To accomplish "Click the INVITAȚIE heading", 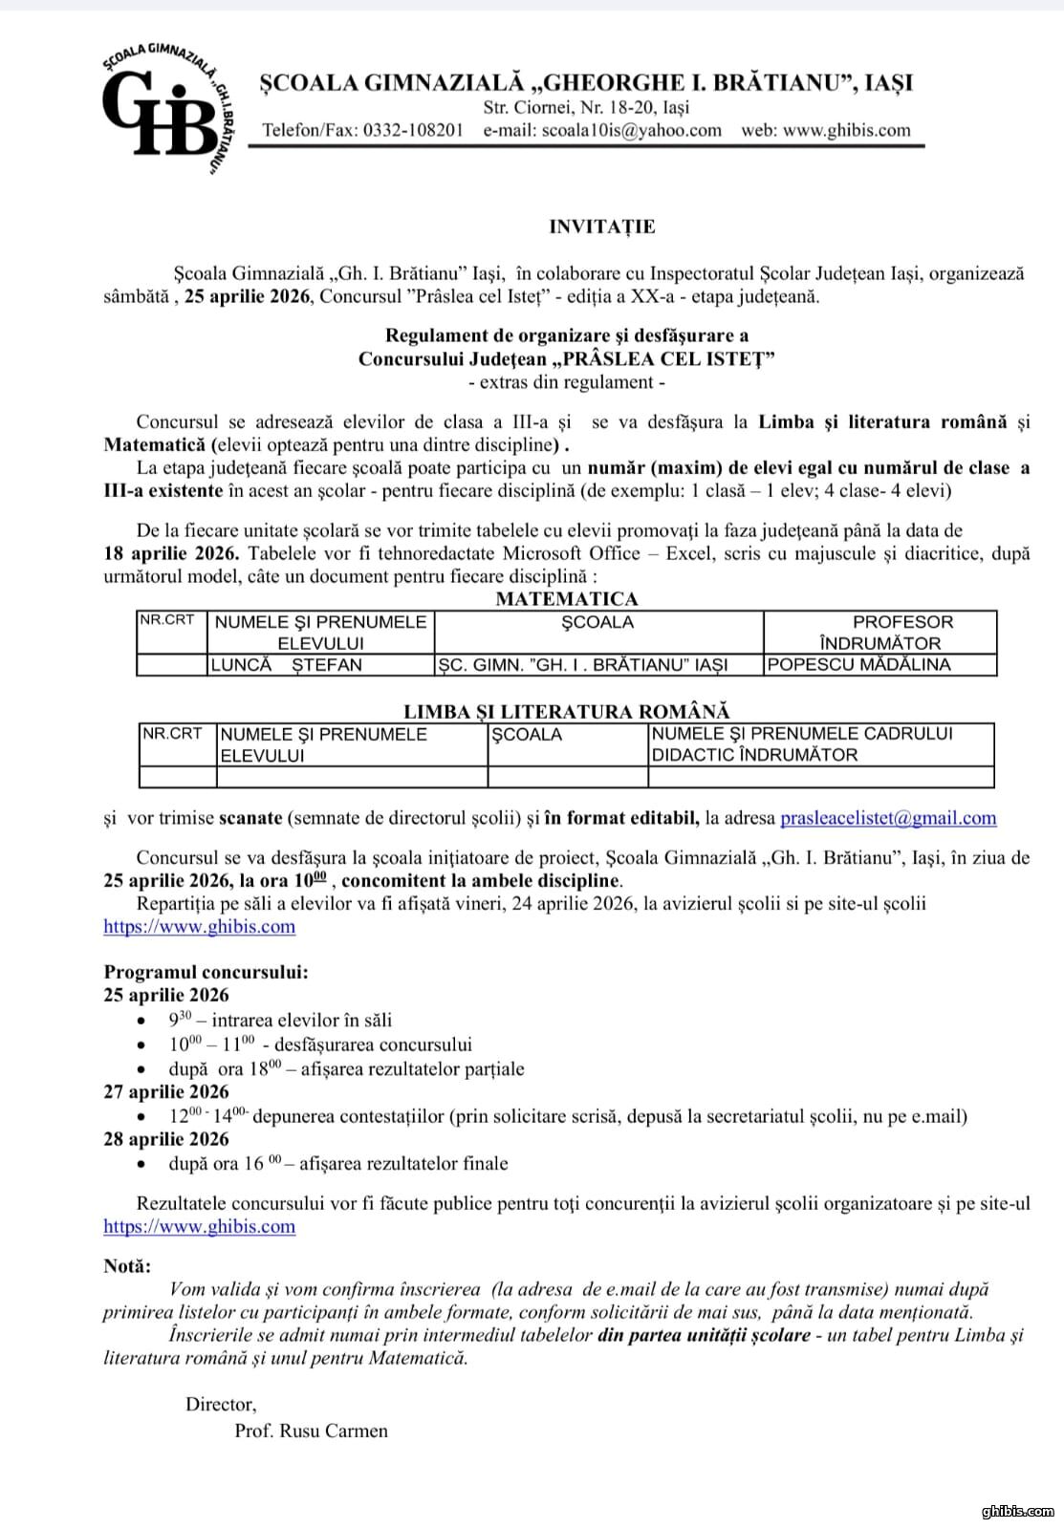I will coord(601,226).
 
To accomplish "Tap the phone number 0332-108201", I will coord(413,130).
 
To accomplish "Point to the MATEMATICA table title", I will coord(566,599).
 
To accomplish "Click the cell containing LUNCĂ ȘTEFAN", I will coord(287,664).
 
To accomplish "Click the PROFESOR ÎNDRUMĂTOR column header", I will coord(879,632).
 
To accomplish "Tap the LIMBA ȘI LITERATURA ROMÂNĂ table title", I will coord(566,711).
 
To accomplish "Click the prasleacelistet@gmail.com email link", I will coord(888,818).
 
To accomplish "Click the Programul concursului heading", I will coord(206,972).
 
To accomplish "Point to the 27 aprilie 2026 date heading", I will coord(166,1091).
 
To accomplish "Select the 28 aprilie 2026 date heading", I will coord(166,1139).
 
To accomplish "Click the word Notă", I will coord(127,1265).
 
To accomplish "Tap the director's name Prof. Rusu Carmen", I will coord(311,1431).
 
